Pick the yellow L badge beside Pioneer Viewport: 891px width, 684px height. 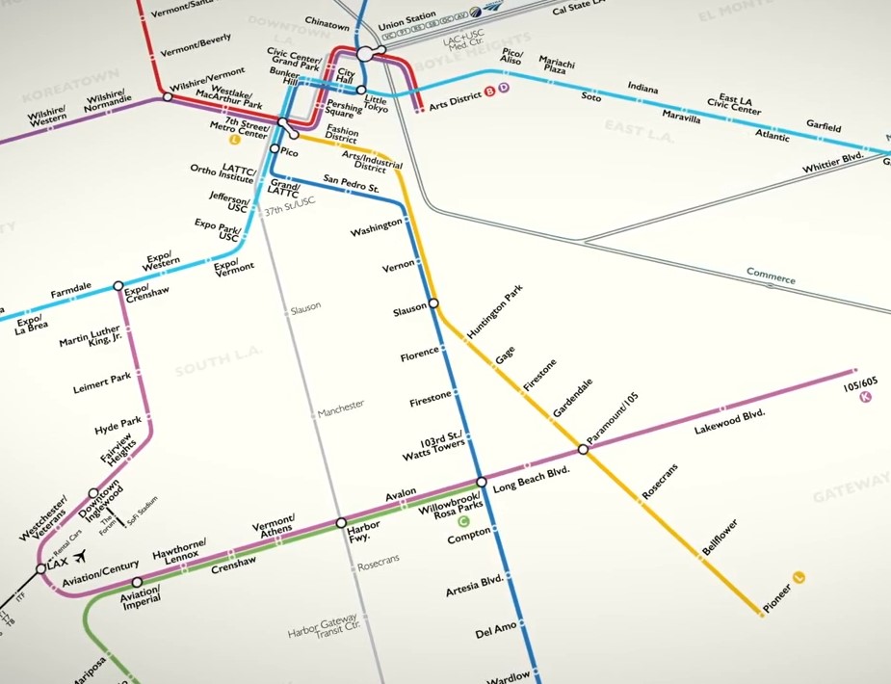798,577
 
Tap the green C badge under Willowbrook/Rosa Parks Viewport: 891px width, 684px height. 463,520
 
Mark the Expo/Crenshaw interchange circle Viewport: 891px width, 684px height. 118,286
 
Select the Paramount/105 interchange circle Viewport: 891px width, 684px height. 583,449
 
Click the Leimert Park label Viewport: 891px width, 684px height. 102,379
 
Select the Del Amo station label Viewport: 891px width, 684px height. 497,634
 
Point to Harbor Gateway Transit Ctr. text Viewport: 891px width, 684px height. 323,627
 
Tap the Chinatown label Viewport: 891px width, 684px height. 327,23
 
